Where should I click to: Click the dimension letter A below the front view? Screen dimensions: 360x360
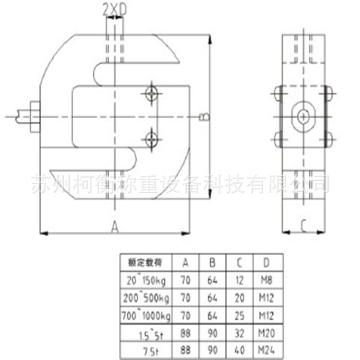(x=115, y=227)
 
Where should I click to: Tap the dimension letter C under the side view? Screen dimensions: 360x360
(x=304, y=225)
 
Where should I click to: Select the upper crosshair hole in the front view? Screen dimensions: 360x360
(x=151, y=94)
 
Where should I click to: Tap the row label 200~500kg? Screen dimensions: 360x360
(x=145, y=298)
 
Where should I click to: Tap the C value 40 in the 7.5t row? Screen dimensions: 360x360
(x=239, y=351)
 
